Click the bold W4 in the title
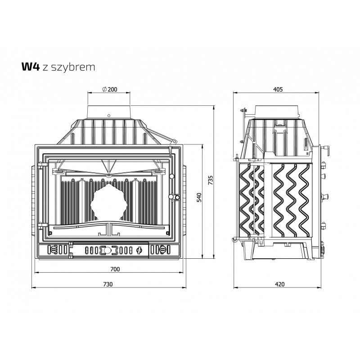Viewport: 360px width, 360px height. (x=31, y=67)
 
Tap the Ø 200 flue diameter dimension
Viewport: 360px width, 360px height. (x=109, y=89)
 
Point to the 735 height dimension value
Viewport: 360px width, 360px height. (x=211, y=180)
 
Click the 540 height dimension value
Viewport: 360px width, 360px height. (x=199, y=198)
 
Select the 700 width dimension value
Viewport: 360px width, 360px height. (x=115, y=269)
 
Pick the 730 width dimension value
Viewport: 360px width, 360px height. (x=108, y=284)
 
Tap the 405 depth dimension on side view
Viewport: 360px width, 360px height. (x=278, y=89)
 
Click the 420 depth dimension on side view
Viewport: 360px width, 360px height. (x=279, y=284)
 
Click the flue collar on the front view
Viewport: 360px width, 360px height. (x=109, y=112)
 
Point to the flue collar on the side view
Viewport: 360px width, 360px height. (x=277, y=112)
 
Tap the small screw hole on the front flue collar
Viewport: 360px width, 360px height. (x=109, y=115)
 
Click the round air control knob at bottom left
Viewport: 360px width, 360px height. (x=53, y=249)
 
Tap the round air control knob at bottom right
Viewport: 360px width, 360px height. (x=162, y=249)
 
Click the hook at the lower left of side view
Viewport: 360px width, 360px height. (x=234, y=239)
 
